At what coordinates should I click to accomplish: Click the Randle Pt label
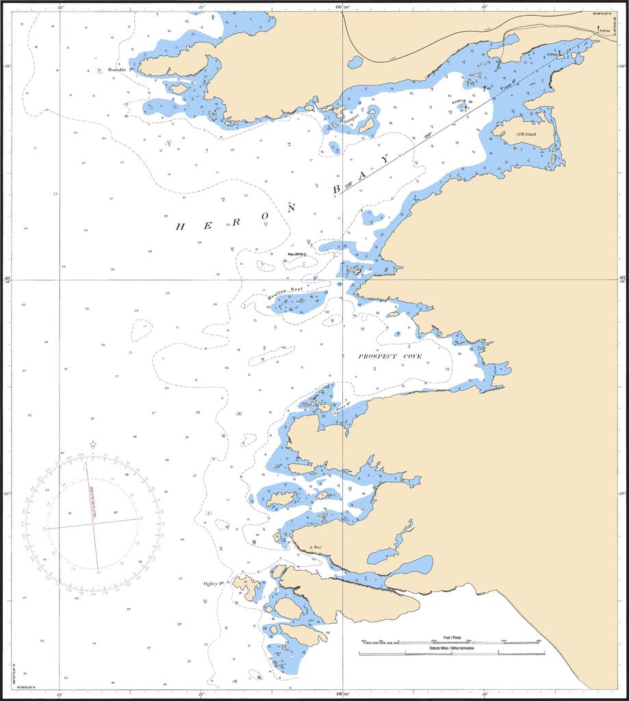119,70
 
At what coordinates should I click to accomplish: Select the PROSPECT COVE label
389,357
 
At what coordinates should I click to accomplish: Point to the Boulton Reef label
285,292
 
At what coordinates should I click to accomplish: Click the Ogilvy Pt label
214,584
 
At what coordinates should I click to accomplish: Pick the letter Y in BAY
385,159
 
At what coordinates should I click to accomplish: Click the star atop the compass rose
93,444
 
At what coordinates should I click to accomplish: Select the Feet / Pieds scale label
452,637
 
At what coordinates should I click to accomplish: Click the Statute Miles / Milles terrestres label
452,648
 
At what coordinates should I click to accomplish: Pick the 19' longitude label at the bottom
485,693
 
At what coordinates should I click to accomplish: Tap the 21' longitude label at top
201,6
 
